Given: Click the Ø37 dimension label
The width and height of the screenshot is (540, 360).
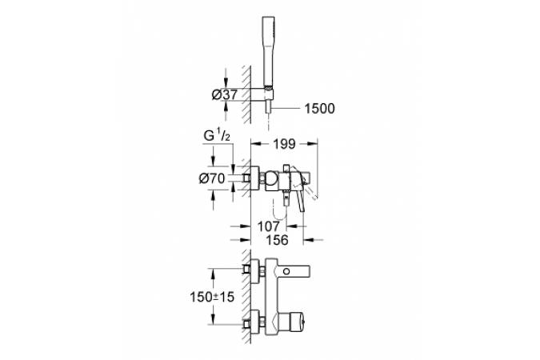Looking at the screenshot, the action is click(x=225, y=94).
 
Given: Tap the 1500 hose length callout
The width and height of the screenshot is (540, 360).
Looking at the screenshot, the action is click(x=319, y=109).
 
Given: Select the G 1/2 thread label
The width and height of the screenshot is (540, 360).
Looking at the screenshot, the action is click(x=217, y=135).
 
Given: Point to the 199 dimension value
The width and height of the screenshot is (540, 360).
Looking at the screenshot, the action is click(x=285, y=144).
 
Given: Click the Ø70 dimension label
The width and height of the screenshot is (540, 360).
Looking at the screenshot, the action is click(x=212, y=178).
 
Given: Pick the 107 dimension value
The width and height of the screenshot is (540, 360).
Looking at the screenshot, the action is click(x=269, y=226).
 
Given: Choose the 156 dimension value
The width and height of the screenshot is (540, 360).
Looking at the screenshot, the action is click(x=277, y=240).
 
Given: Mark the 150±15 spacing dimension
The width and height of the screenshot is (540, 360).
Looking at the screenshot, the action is click(x=212, y=296).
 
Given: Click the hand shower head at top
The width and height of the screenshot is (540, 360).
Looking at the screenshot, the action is click(x=268, y=51).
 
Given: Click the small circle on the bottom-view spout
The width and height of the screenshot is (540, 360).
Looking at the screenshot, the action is click(x=286, y=271).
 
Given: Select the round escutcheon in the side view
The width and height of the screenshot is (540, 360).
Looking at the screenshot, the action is click(x=255, y=178).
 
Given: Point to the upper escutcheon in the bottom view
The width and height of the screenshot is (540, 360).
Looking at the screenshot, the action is click(x=255, y=271).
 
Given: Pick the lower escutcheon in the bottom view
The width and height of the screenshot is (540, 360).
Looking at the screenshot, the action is click(x=255, y=322).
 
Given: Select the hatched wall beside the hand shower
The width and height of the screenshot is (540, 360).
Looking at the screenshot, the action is click(x=246, y=95).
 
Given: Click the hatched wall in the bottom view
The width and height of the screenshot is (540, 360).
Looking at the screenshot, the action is click(x=246, y=297).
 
